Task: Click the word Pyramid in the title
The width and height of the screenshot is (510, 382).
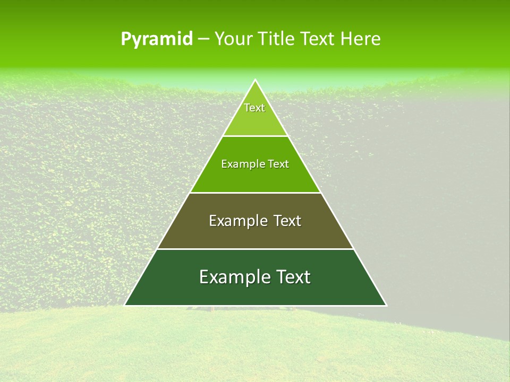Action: [x=156, y=39]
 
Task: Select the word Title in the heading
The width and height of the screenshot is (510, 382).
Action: [x=275, y=39]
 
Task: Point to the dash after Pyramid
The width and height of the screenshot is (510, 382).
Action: [x=203, y=39]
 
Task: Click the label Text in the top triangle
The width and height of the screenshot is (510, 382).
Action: [x=254, y=108]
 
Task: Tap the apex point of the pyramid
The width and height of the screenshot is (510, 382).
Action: [x=256, y=80]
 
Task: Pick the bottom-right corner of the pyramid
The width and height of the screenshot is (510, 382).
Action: [x=386, y=305]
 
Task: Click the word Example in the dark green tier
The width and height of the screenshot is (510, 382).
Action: [x=234, y=277]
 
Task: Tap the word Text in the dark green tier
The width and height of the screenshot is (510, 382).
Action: [x=293, y=277]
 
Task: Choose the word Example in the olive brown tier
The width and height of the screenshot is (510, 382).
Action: [x=236, y=221]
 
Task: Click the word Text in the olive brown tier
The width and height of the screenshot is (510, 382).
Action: [x=287, y=221]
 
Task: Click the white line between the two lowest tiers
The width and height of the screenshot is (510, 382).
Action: [x=256, y=249]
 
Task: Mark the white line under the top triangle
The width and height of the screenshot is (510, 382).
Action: [x=256, y=136]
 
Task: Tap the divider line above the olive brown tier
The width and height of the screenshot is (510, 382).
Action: [x=256, y=193]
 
